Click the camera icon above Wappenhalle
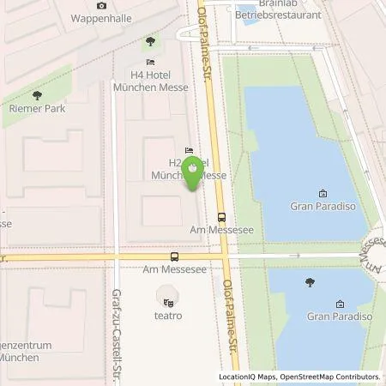coord(102,5)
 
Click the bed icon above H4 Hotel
coord(151,63)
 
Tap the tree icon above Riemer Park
coord(36,95)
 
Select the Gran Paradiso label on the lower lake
coord(342,317)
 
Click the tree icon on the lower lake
coord(311,282)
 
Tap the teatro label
coord(169,316)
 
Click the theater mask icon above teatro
coord(169,301)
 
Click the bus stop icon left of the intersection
coord(175,256)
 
